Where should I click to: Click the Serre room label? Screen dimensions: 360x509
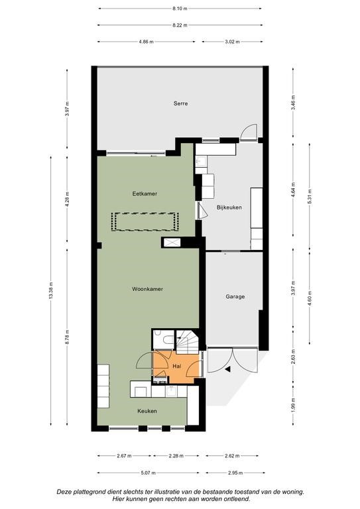click(x=180, y=103)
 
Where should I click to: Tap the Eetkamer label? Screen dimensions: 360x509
click(x=145, y=194)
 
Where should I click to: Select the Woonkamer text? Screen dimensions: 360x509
click(x=147, y=289)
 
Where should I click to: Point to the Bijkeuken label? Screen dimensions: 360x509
click(x=229, y=207)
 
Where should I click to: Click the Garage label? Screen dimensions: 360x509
click(x=235, y=296)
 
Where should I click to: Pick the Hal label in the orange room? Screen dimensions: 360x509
click(x=177, y=366)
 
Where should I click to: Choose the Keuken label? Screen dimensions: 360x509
click(x=147, y=411)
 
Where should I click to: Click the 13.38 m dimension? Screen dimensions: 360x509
click(x=51, y=291)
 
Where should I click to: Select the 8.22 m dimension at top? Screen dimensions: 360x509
click(x=180, y=25)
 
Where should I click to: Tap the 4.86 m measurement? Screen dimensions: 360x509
click(x=146, y=42)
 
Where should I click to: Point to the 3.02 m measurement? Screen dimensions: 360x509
click(x=232, y=42)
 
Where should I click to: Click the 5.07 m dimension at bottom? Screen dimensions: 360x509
click(x=148, y=473)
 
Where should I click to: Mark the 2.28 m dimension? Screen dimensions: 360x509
click(x=176, y=456)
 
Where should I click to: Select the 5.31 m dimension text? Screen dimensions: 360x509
click(x=310, y=196)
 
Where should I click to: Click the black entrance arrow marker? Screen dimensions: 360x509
click(x=228, y=369)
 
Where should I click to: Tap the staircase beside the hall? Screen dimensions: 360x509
click(x=188, y=342)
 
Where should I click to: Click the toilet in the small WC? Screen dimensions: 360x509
click(x=169, y=339)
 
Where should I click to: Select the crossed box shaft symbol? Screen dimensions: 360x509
click(x=172, y=243)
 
